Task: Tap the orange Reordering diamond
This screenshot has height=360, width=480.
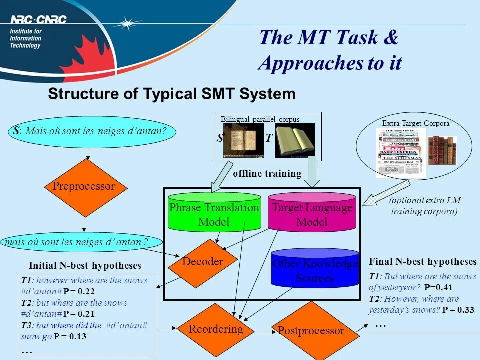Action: click(215, 329)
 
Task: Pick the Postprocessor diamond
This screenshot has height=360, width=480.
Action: click(311, 330)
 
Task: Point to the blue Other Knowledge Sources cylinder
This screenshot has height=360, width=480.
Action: click(315, 270)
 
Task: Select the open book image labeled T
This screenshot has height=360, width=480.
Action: click(295, 140)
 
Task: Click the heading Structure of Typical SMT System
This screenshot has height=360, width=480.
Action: click(171, 94)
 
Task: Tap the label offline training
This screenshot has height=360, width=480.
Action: click(267, 174)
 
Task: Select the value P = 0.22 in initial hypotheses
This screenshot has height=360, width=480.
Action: click(79, 291)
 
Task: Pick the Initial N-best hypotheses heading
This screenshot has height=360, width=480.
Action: click(85, 265)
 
